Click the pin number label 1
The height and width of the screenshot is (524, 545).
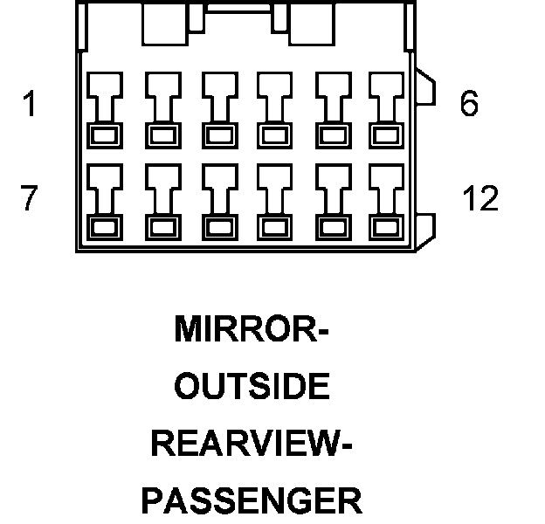coord(31,105)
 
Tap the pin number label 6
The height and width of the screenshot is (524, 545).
coord(469,105)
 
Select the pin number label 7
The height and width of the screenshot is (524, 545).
coord(31,199)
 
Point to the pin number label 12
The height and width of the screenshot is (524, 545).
coord(479,199)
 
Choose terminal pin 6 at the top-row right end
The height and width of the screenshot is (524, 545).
coord(383,109)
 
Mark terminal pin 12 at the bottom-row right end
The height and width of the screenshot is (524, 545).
coord(383,202)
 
